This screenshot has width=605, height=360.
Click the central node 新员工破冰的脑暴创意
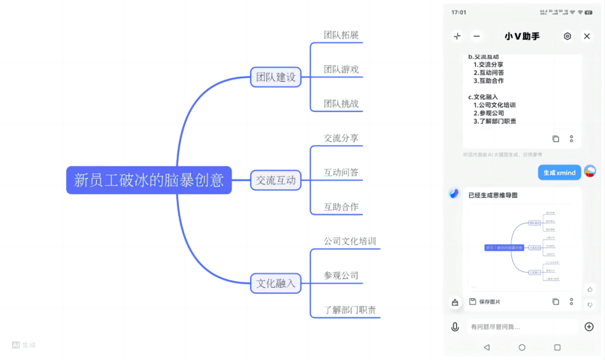click(149, 180)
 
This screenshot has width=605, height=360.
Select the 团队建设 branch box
click(276, 77)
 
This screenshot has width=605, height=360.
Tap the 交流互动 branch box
click(276, 180)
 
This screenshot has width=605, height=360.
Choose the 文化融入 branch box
click(276, 283)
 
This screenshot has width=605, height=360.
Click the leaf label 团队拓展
click(341, 35)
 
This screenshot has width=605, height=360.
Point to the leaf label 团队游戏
click(341, 69)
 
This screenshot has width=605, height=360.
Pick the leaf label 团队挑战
click(341, 104)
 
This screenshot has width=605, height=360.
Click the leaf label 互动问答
click(341, 172)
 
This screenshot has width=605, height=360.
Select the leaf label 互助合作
click(341, 207)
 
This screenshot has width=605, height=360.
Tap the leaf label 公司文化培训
click(350, 241)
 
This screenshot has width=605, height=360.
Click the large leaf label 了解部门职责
click(350, 310)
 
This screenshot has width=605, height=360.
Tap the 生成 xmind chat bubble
click(559, 172)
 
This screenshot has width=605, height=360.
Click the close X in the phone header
click(587, 36)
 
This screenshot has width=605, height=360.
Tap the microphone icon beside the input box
click(455, 327)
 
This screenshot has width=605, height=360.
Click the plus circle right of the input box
click(589, 327)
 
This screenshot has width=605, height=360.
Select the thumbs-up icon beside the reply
click(590, 289)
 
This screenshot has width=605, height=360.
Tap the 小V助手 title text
click(522, 36)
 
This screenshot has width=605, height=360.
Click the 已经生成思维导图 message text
click(493, 195)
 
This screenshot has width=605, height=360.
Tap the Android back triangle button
click(486, 348)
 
